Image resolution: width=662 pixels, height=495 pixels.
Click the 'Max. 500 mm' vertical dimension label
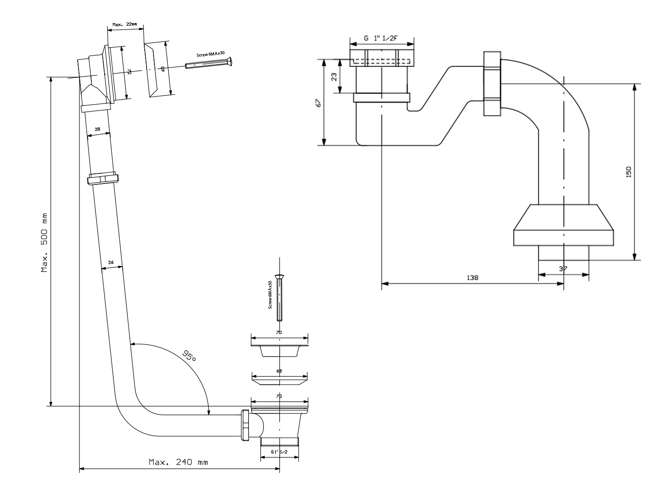(45, 242)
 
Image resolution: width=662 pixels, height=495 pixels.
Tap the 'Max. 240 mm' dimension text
(178, 462)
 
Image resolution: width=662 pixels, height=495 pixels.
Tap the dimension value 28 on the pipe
(97, 129)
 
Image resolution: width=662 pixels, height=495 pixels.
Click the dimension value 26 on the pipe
(111, 262)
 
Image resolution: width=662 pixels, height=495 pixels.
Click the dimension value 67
(318, 103)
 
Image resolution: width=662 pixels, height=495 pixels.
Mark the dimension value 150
(628, 171)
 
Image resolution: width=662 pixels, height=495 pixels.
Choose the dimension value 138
(472, 278)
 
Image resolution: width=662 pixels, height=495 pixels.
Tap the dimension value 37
(563, 269)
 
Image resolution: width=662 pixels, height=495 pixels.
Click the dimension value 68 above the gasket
(279, 371)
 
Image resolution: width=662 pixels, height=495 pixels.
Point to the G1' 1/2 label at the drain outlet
(279, 452)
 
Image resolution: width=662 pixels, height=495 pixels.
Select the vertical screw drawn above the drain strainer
(279, 296)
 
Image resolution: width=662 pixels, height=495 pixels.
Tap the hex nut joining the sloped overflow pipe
(103, 179)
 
